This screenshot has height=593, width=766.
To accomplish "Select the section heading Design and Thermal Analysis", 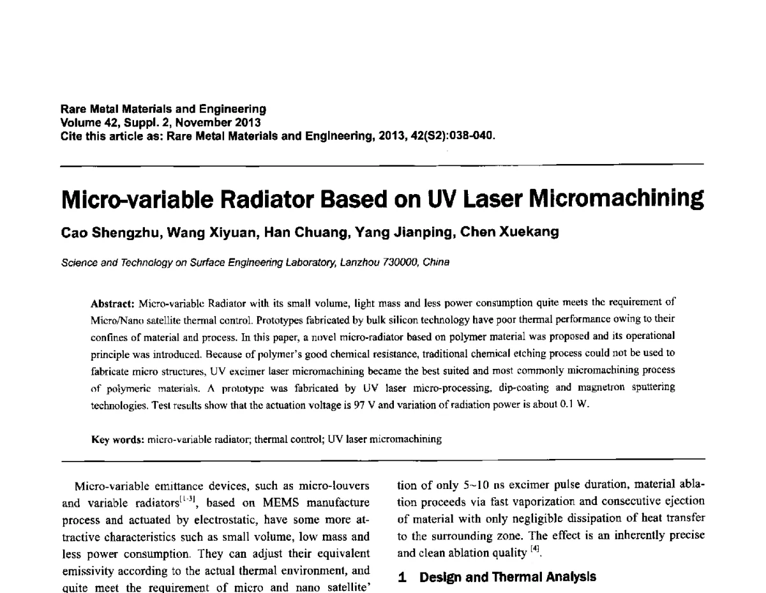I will click(x=507, y=577).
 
